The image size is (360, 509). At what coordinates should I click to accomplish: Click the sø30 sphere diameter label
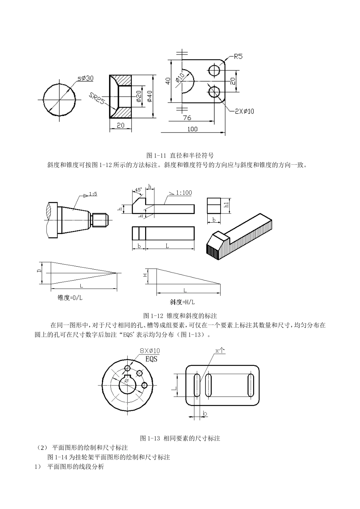[85, 78]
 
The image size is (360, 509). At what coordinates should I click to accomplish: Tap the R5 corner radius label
[238, 57]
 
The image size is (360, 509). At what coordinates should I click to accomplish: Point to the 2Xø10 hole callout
[244, 111]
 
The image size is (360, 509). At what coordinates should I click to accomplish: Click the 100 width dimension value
[192, 129]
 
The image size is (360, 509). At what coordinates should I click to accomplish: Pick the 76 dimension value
[187, 118]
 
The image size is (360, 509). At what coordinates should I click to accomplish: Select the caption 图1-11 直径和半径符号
[180, 155]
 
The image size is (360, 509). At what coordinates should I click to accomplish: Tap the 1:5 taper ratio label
[93, 194]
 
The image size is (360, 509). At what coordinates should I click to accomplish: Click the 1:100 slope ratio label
[183, 193]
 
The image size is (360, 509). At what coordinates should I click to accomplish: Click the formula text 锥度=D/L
[70, 298]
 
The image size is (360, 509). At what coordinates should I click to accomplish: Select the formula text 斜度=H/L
[182, 302]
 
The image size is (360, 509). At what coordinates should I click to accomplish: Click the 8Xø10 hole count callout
[150, 351]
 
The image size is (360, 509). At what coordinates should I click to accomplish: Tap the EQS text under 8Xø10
[151, 359]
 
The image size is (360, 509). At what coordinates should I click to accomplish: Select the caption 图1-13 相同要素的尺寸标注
[180, 438]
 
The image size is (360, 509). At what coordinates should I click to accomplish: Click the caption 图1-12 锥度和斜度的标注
[180, 315]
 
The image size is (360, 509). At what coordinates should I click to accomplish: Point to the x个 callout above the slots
[220, 351]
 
